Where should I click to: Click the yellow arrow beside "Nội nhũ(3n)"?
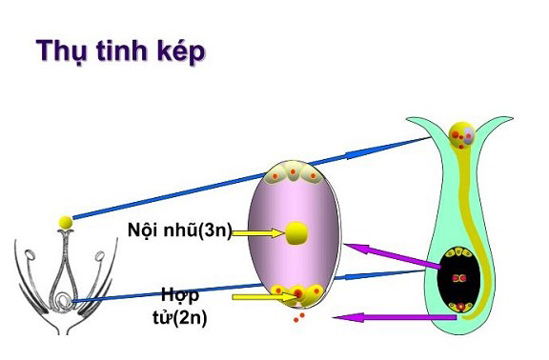pyautogui.click(x=254, y=231)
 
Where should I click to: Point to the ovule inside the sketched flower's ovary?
pyautogui.click(x=61, y=304)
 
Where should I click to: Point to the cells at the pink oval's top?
pyautogui.click(x=298, y=172)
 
